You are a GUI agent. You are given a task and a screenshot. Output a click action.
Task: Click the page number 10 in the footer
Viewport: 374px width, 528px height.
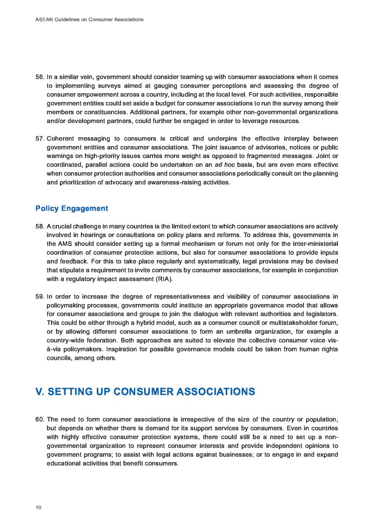tap(38, 508)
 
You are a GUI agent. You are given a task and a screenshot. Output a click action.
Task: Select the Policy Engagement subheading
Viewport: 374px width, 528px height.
tap(71, 208)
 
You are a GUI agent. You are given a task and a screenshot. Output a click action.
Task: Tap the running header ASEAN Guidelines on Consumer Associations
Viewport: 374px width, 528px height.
tap(89, 19)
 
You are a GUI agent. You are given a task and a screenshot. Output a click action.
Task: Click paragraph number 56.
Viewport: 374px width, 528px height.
tap(39, 77)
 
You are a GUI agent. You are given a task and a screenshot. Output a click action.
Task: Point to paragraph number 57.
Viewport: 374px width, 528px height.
tap(39, 139)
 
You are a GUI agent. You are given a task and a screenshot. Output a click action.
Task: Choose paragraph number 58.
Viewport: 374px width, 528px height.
tap(39, 226)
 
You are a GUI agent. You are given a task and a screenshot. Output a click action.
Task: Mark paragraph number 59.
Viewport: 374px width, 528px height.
tap(39, 296)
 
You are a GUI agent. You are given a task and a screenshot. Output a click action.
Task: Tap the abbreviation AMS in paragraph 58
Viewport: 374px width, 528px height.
tap(64, 244)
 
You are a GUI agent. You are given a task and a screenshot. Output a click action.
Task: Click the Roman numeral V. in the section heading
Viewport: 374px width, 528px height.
tap(40, 392)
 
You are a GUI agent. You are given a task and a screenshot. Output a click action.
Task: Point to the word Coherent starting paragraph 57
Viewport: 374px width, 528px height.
tap(60, 139)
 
